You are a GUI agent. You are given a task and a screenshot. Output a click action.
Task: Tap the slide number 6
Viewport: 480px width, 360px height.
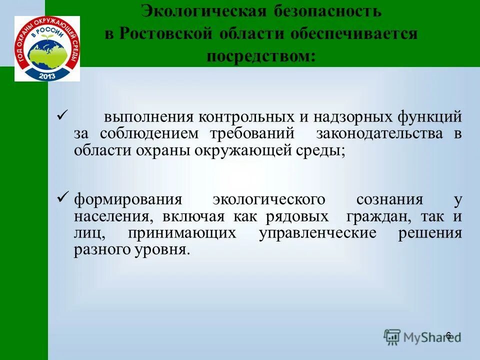pos(448,335)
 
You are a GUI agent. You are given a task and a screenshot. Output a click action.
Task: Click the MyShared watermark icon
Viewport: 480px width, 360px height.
pos(392,336)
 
